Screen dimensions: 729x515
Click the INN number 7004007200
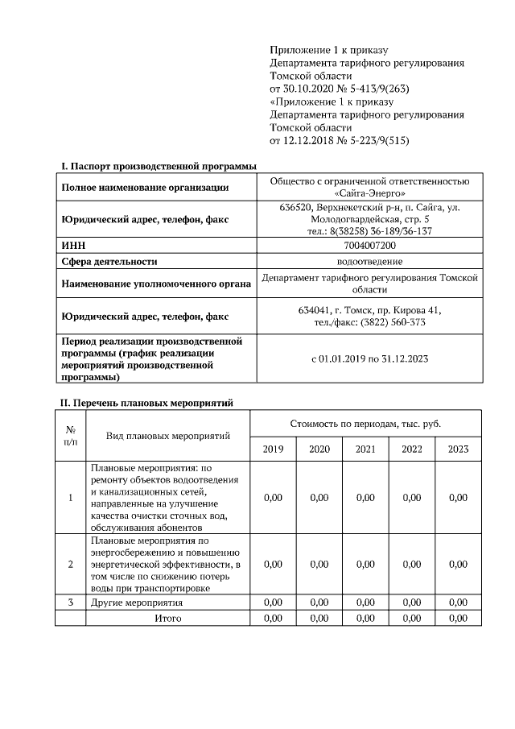coord(369,245)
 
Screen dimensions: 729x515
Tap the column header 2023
coord(458,449)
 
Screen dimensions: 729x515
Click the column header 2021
coord(365,449)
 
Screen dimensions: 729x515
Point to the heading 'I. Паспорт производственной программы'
coord(159,166)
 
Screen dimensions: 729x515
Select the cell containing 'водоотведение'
coord(369,261)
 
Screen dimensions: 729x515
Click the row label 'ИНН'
coord(73,245)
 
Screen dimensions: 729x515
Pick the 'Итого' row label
coord(168,618)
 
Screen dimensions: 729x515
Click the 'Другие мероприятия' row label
coord(137,602)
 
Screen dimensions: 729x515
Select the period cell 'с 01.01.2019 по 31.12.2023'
coord(369,358)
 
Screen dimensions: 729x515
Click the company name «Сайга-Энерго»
coord(369,193)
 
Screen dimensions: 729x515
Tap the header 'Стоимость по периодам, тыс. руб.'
coord(365,423)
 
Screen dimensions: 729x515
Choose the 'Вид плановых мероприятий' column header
coord(168,436)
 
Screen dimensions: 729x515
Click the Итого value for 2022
coord(411,618)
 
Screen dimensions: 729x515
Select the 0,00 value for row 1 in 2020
coord(319,497)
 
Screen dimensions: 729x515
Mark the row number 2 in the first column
coord(71,564)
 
